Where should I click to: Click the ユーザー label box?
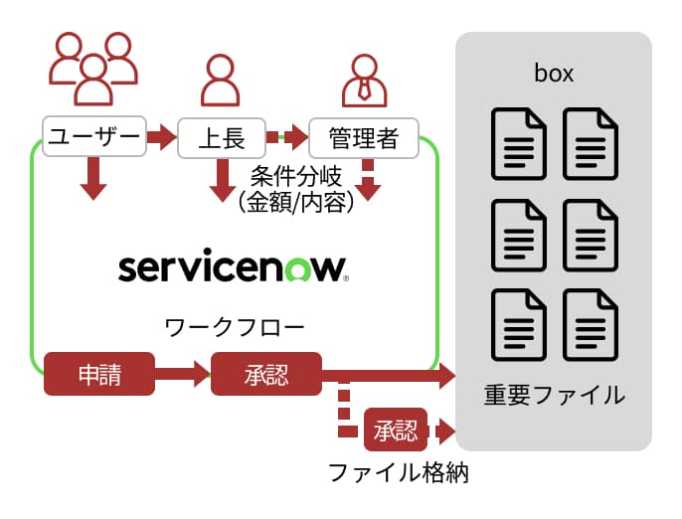pyautogui.click(x=93, y=136)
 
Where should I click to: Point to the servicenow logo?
pyautogui.click(x=233, y=267)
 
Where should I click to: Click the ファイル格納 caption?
pyautogui.click(x=398, y=472)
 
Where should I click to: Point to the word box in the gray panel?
pyautogui.click(x=553, y=76)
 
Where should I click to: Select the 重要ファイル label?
pyautogui.click(x=554, y=395)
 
